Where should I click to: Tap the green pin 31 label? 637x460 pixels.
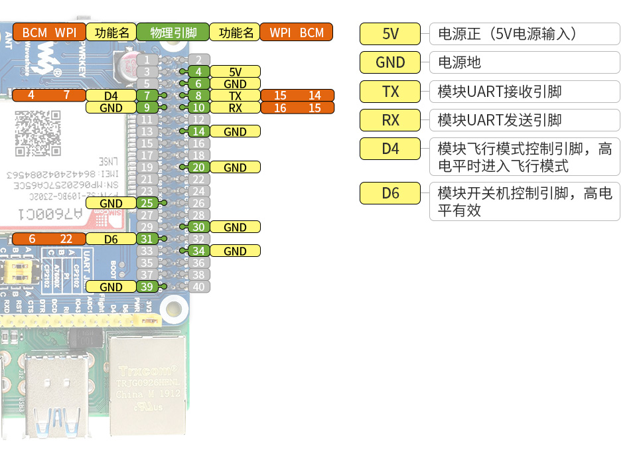(x=147, y=239)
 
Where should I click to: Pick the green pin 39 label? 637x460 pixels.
(x=147, y=287)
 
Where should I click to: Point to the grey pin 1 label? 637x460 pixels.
(x=147, y=60)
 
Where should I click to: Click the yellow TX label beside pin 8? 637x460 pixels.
(x=235, y=96)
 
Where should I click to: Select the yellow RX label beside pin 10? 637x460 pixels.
(x=235, y=108)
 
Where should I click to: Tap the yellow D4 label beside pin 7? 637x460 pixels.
(x=111, y=96)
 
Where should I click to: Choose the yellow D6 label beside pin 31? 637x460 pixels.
(x=111, y=239)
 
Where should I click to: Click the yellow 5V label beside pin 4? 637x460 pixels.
(x=235, y=72)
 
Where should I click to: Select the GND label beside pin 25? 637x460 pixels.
(x=111, y=203)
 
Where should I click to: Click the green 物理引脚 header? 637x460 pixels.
(x=173, y=32)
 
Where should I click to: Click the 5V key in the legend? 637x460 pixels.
(x=390, y=34)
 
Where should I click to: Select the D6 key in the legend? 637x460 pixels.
(x=390, y=194)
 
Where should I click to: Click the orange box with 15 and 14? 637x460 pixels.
(x=297, y=96)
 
